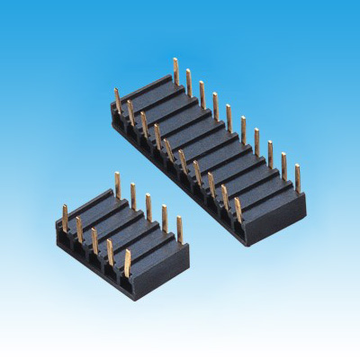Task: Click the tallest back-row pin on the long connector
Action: [x=175, y=70]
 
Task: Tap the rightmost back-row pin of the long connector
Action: [x=298, y=176]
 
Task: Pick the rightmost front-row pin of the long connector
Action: [x=238, y=209]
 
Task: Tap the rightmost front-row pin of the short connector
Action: [x=127, y=262]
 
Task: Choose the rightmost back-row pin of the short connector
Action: [x=179, y=227]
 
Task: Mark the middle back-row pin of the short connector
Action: [x=148, y=205]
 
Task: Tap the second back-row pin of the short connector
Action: [x=133, y=194]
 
